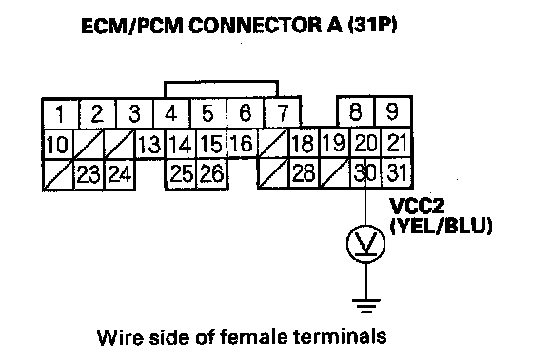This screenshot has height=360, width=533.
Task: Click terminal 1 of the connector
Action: (61, 113)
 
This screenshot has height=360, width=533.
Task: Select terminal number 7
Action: (283, 112)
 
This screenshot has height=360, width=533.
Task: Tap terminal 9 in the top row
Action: (393, 111)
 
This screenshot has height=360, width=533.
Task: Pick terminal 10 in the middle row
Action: (57, 144)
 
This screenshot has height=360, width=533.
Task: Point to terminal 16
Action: (242, 143)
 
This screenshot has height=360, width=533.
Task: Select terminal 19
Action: (335, 143)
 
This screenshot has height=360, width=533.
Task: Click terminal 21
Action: (397, 143)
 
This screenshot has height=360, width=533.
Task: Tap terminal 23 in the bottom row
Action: (89, 174)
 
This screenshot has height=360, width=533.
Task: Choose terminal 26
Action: (212, 173)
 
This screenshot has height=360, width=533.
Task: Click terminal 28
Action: (304, 172)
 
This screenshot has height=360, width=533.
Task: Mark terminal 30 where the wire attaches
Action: (365, 172)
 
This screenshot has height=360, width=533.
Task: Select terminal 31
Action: (397, 172)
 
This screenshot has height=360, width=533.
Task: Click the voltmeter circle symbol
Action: (366, 244)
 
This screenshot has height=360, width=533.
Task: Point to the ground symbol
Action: (366, 306)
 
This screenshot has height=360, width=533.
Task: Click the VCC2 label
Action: (417, 206)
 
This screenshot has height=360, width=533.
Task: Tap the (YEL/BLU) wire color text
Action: (441, 226)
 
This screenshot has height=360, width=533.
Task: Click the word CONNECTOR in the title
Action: (256, 26)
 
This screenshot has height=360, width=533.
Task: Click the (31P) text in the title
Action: (372, 26)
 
